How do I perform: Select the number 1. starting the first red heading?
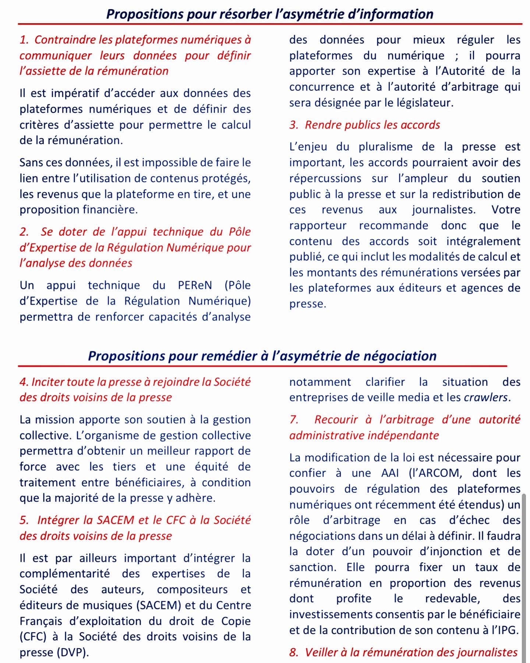point(24,40)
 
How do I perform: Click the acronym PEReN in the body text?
point(195,285)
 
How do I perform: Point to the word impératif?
point(76,93)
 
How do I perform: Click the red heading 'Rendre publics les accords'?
point(372,125)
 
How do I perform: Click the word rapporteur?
point(318,225)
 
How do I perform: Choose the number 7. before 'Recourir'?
point(294,420)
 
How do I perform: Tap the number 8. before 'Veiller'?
point(294,652)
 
